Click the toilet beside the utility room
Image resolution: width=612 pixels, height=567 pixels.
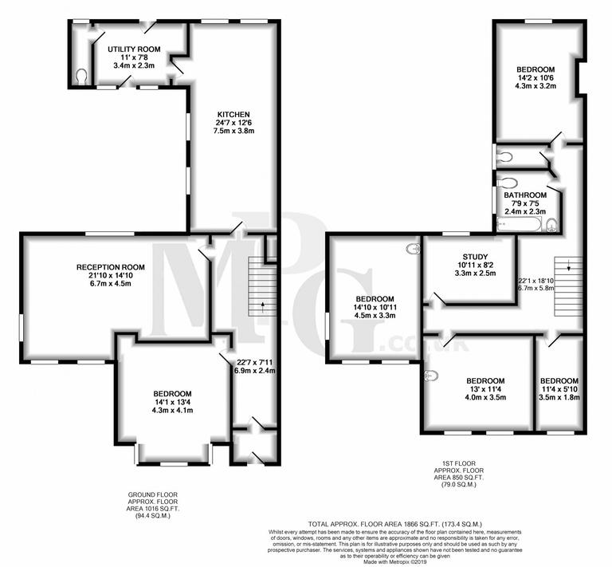[x=81, y=75]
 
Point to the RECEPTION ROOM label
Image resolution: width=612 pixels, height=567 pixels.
[x=110, y=266]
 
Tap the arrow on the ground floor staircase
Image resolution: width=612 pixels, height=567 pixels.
[x=263, y=307]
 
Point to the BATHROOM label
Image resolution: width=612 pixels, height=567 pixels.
[x=525, y=195]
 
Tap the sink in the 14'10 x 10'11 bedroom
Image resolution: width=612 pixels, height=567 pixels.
[x=413, y=250]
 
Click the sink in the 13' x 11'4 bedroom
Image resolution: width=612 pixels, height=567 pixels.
[x=431, y=376]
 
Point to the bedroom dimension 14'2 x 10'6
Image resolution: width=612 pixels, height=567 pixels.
[x=534, y=78]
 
